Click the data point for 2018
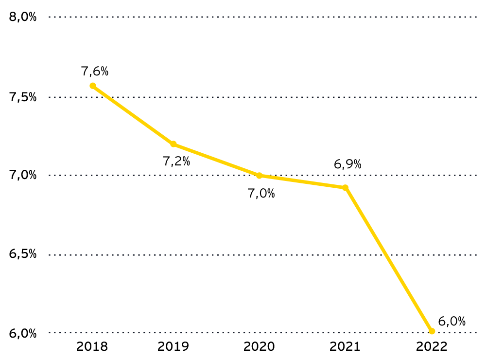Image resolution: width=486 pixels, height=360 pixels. point(93,86)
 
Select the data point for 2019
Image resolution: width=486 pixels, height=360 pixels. point(174,144)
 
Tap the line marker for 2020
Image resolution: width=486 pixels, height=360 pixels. point(260,176)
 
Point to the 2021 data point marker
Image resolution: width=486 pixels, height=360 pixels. point(346,188)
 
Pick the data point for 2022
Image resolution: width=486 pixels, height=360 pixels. point(432,331)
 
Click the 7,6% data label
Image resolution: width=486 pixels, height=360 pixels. point(95,72)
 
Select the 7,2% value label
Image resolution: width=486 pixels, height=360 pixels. point(176,161)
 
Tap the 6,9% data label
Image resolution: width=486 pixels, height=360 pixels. point(347,164)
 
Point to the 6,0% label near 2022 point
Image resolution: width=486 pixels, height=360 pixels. point(452,321)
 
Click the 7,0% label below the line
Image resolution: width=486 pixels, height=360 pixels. point(261,193)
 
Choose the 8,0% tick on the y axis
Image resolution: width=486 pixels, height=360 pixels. point(23,17)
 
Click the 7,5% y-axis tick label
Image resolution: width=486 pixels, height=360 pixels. point(23,97)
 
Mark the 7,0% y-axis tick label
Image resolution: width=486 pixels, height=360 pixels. point(23,175)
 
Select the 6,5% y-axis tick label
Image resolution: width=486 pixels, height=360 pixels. point(23,254)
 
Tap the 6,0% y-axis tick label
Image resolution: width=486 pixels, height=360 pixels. point(23,333)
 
